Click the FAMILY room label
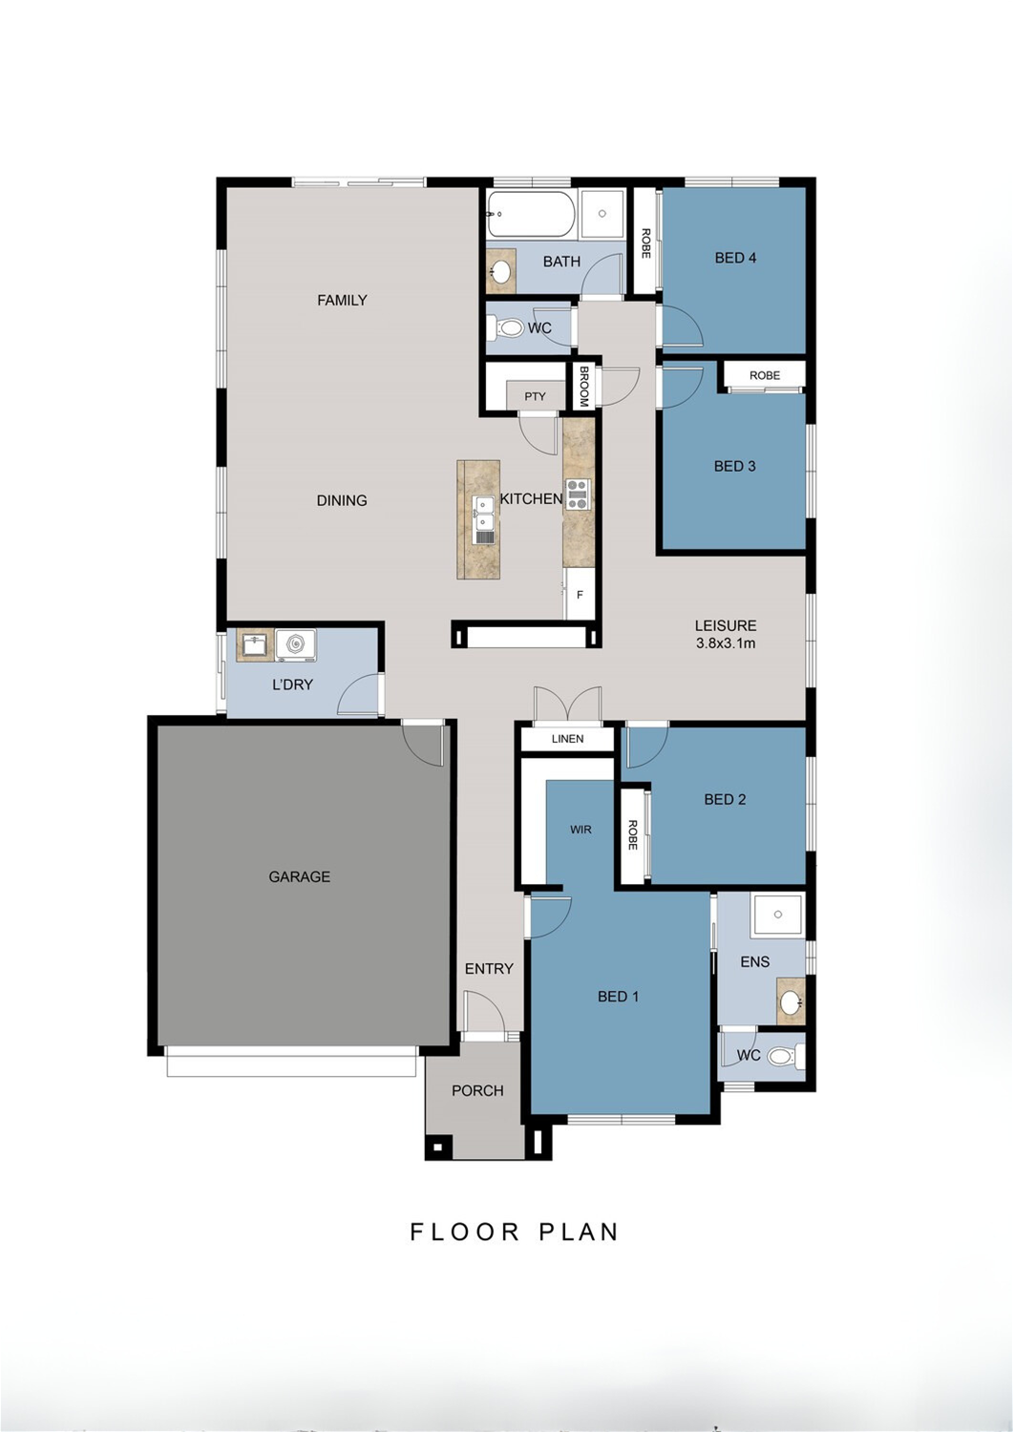coord(342,300)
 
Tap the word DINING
coord(342,500)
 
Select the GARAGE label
coord(299,876)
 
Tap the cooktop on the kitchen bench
coord(578,495)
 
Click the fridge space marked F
coord(580,594)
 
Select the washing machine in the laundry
coord(296,645)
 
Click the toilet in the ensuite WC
coord(784,1056)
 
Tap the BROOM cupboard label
coord(583,386)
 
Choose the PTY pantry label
coord(535,396)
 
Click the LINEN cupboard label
coord(567,739)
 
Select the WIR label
coord(580,830)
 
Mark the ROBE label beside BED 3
coord(765,375)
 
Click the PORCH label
coord(477,1090)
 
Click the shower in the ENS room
coord(777,915)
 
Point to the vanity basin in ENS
coord(791,1000)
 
